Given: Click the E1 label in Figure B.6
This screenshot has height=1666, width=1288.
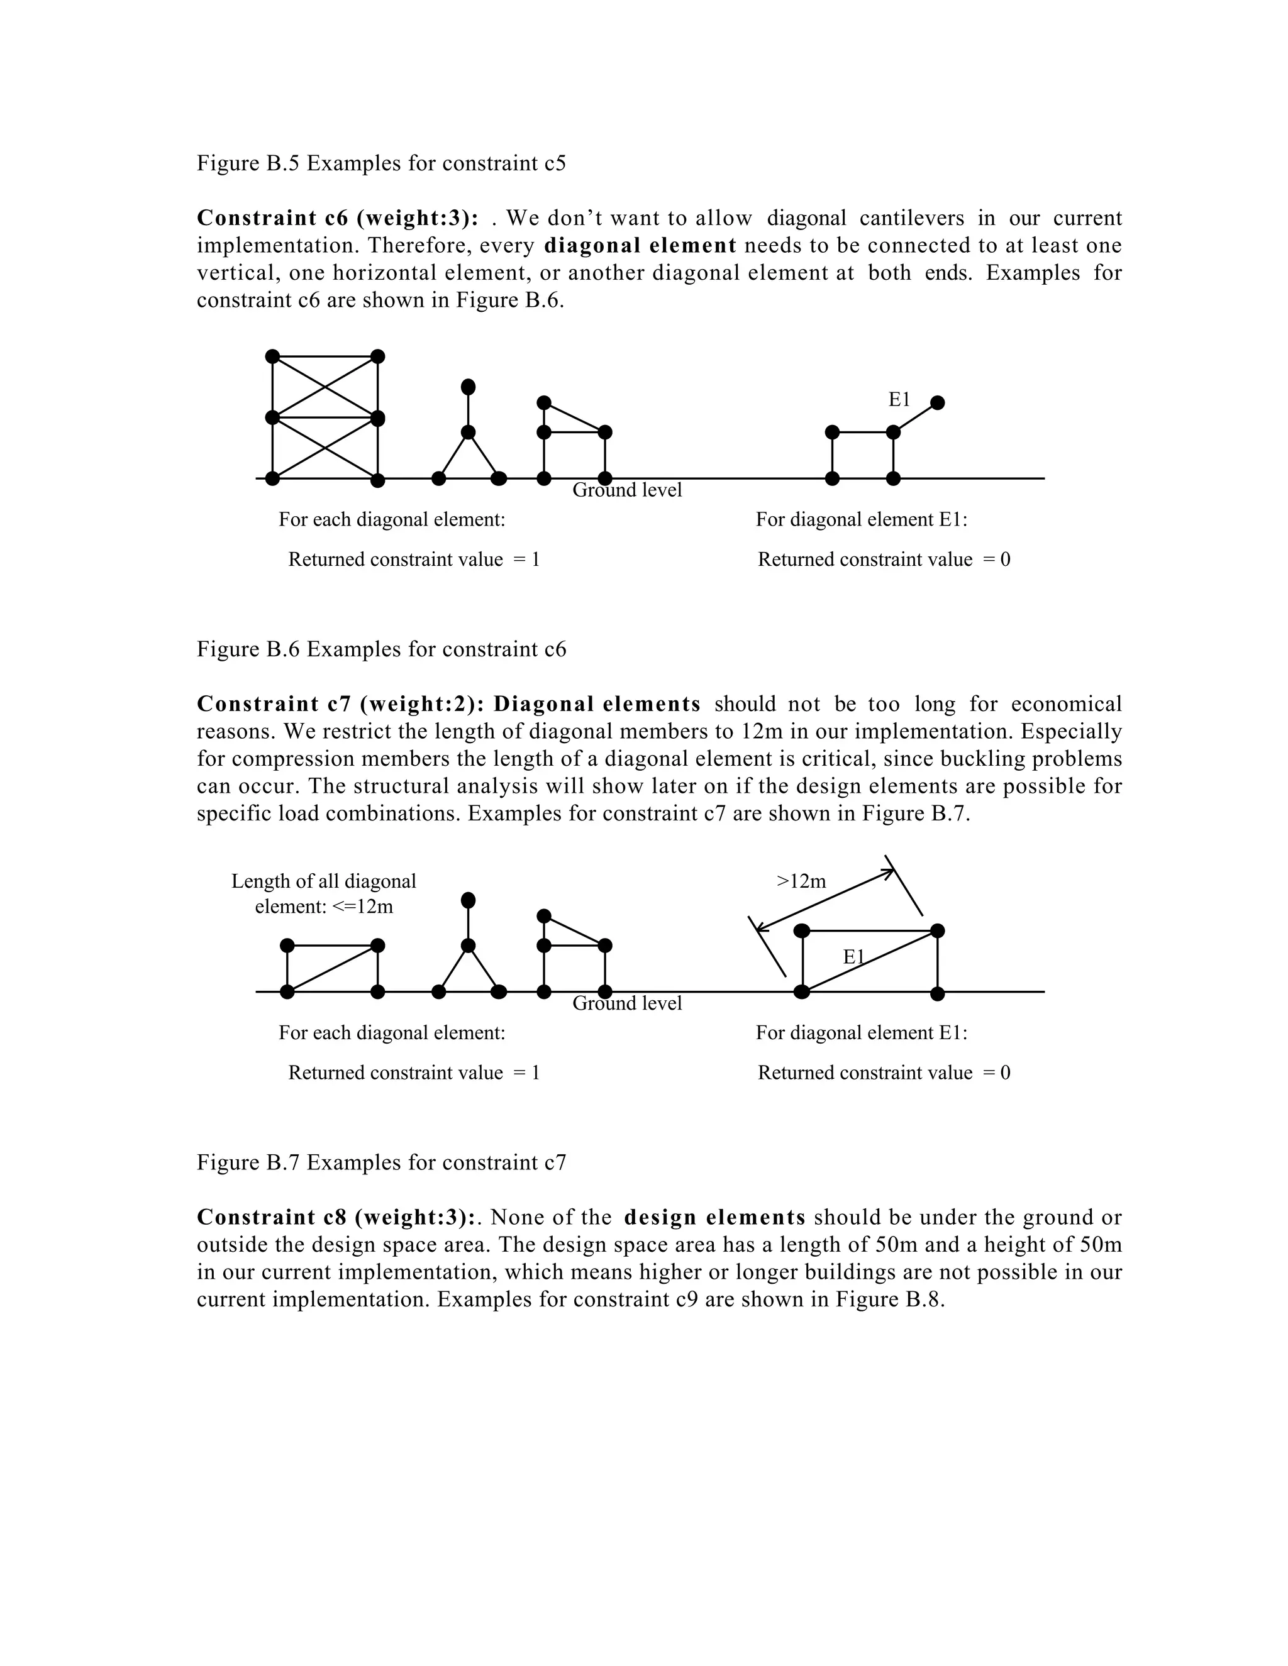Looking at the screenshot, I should pos(899,399).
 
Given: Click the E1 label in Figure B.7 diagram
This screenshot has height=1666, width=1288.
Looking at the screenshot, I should pos(854,956).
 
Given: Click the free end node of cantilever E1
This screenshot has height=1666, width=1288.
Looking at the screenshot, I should pos(938,402).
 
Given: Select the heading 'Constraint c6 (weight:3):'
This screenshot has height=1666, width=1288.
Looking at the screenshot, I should pos(338,218).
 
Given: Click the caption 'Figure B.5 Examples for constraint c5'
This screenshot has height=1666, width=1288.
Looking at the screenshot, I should pos(382,163).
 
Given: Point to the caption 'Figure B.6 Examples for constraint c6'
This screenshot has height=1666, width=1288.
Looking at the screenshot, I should pos(382,649).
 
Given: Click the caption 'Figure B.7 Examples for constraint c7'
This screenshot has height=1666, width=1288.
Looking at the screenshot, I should pos(382,1162).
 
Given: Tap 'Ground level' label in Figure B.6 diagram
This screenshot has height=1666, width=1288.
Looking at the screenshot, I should pos(627,490).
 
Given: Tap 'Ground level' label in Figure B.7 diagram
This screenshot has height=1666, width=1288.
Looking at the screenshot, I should pos(627,1003).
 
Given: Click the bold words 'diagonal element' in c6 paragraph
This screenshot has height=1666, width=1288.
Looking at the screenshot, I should pos(640,246).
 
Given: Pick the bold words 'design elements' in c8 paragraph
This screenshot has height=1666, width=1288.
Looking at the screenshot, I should pos(715,1218).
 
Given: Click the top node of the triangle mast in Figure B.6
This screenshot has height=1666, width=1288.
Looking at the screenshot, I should pos(469,387).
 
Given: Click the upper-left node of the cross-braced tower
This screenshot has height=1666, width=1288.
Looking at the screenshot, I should pos(272,356).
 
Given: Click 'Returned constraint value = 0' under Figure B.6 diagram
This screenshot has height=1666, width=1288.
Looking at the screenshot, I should pos(884,560).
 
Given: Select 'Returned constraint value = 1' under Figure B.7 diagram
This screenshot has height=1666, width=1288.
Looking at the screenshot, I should pos(414,1073).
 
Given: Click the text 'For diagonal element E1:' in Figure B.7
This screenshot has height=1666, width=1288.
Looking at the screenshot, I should pos(862,1033).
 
